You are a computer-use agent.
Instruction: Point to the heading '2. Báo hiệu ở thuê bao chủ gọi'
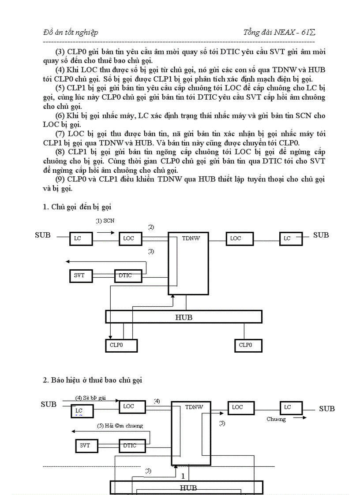pos(93,380)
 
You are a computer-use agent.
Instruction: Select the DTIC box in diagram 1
pos(129,275)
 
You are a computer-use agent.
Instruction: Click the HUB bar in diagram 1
pos(184,317)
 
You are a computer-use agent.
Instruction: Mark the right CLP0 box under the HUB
pos(248,345)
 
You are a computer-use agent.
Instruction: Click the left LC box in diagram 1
pos(81,238)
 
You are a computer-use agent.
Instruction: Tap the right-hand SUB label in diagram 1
pos(321,235)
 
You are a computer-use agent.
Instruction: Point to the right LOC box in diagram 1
pos(240,238)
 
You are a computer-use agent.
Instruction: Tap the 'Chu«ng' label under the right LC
pos(276,419)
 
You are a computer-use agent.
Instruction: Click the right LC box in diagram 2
pos(291,408)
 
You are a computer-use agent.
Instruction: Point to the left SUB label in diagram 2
pos(49,404)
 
